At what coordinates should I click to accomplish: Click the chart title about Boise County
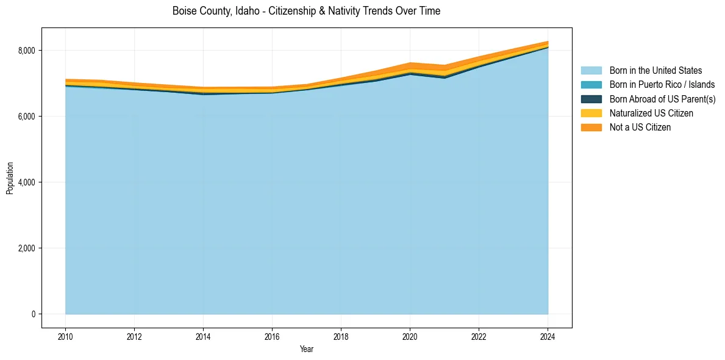pos(306,11)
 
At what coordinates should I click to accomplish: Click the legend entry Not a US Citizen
pos(640,127)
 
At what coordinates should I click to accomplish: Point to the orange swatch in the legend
pos(591,127)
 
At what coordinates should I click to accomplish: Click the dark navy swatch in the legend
pos(591,99)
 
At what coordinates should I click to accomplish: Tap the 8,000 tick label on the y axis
pos(27,51)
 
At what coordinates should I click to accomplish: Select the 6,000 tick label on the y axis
pos(27,117)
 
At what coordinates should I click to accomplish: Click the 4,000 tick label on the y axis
pos(27,182)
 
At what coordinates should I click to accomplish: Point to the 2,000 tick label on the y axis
pos(27,248)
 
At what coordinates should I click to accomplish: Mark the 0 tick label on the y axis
pos(34,314)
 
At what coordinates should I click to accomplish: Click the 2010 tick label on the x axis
pos(65,335)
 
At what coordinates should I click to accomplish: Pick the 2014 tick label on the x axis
pos(203,335)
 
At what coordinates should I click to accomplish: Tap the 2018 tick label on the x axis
pos(341,335)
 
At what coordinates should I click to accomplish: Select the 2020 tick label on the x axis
pos(410,335)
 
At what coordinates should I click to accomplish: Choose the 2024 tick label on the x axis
pos(548,335)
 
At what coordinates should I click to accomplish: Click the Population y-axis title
pos(10,178)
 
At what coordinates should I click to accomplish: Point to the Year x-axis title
pos(307,349)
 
